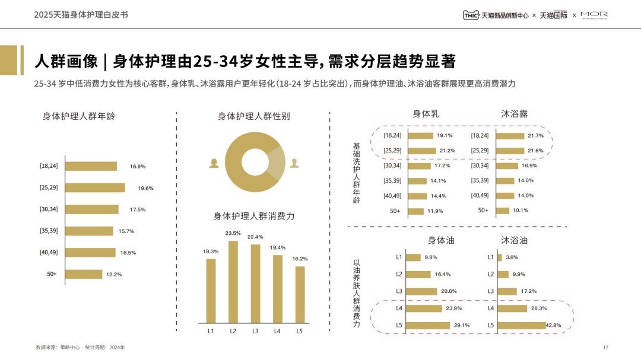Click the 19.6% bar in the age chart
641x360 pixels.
point(95,188)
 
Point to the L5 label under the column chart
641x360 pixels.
point(300,331)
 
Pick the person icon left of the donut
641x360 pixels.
point(213,163)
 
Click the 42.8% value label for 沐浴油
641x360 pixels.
point(553,325)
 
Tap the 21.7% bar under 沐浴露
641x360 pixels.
point(510,136)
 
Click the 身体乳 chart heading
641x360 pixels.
point(426,113)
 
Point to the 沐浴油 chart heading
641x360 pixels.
point(514,240)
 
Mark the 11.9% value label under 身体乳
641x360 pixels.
point(436,211)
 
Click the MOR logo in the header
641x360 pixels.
point(594,15)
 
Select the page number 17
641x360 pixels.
point(605,347)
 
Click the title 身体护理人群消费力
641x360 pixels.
point(254,216)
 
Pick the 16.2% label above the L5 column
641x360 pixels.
point(300,259)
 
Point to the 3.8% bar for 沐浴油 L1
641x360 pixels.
point(499,257)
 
